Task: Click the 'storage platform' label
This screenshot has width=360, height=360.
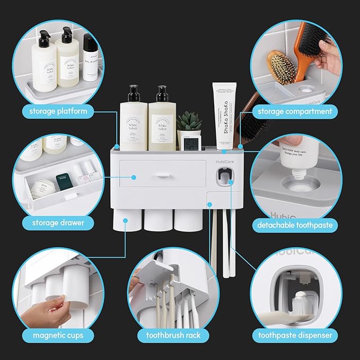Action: point(55,111)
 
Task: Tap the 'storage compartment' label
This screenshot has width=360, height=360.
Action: point(295,111)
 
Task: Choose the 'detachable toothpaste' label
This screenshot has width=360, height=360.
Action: point(296,225)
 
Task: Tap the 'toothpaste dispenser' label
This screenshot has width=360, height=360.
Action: point(295,335)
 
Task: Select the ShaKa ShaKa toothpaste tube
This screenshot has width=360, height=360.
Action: point(221,114)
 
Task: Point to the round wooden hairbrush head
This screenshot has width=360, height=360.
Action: point(280,66)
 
